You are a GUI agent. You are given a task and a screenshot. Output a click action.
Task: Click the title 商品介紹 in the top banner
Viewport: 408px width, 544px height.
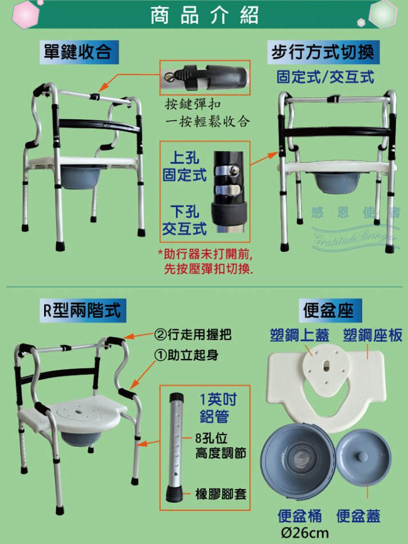point(204,15)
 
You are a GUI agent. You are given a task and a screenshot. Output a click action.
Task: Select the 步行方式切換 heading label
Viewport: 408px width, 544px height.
point(323,52)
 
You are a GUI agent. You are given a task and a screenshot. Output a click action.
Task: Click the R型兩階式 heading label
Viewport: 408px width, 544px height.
point(82,310)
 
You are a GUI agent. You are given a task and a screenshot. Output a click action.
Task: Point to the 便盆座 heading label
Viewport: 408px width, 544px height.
point(328,310)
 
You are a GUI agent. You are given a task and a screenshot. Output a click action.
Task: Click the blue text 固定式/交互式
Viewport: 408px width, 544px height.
point(326,77)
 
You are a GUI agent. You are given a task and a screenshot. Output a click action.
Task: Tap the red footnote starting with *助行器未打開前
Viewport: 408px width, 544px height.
point(206,261)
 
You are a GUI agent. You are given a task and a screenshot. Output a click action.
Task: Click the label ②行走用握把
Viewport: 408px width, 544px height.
point(193,334)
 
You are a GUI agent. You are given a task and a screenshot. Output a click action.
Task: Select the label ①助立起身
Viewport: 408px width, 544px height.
point(187,354)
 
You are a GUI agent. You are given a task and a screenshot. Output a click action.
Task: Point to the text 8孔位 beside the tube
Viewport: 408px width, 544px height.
point(211,438)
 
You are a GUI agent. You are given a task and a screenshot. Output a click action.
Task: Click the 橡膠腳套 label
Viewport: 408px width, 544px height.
point(221,494)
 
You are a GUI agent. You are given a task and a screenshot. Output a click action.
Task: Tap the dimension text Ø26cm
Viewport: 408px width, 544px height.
point(304,532)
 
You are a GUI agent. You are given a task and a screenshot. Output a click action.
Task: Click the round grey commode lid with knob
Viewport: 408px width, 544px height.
point(363,458)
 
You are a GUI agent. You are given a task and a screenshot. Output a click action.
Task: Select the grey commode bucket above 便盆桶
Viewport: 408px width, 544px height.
point(298,460)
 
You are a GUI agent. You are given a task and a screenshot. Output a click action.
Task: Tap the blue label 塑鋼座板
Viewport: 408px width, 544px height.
point(373,336)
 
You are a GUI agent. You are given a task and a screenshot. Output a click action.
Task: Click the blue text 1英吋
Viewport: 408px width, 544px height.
point(218,400)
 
